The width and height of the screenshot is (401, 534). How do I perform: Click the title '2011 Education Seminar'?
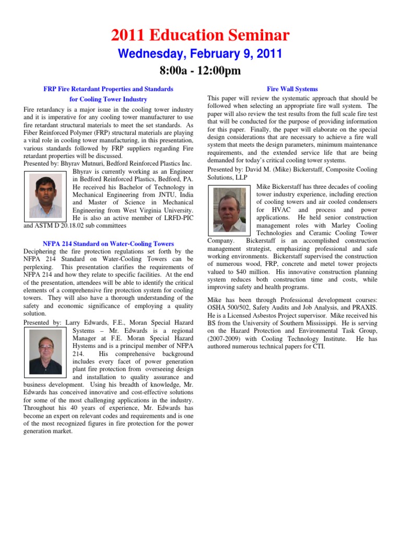[x=200, y=35]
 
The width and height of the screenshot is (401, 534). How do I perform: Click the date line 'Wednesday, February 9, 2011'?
[x=200, y=54]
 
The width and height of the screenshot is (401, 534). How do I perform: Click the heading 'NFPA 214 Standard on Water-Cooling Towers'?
[x=108, y=244]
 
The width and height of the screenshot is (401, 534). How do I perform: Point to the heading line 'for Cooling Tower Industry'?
[x=108, y=99]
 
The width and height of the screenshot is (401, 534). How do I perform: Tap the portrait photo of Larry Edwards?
[x=45, y=350]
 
